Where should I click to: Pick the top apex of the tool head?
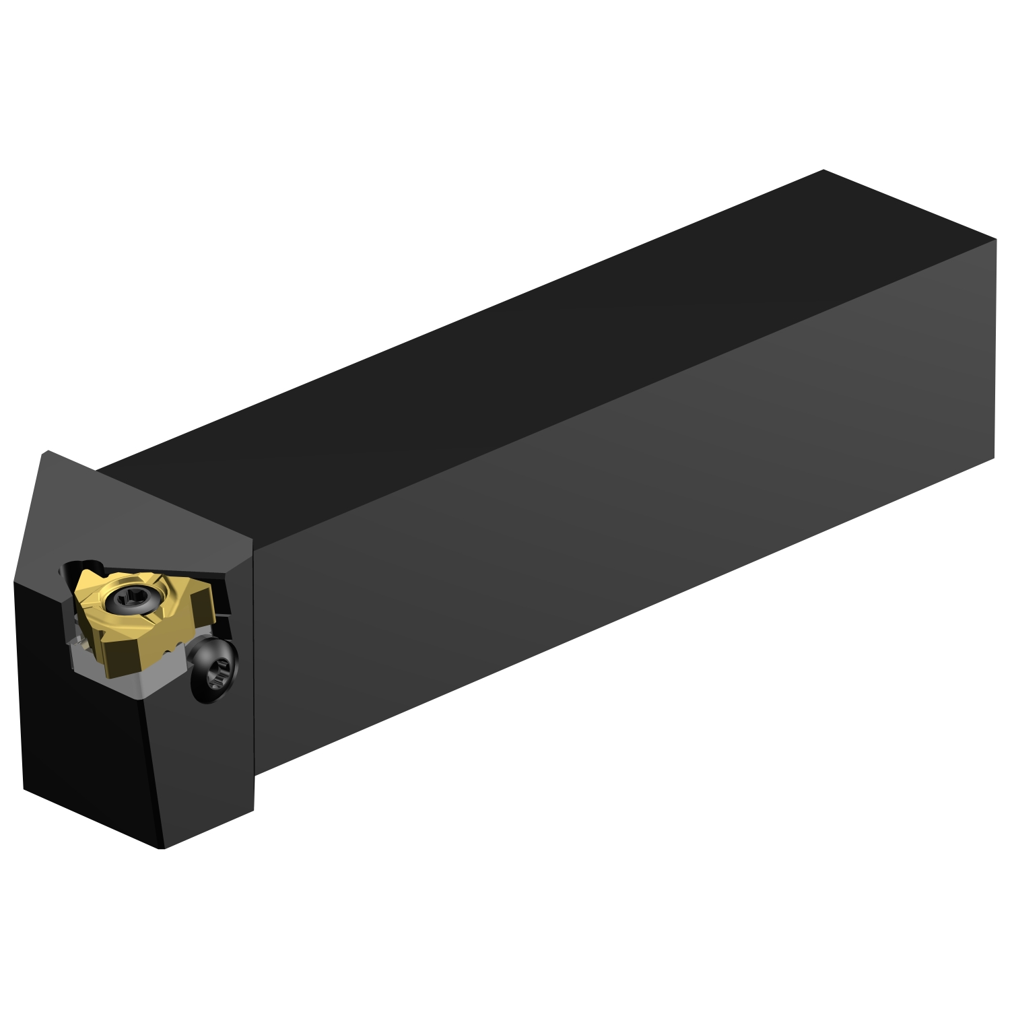pos(46,452)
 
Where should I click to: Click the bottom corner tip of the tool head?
pos(162,847)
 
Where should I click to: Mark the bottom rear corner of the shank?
pos(994,459)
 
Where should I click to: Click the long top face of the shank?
pos(539,337)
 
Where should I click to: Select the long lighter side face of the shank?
pos(606,539)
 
